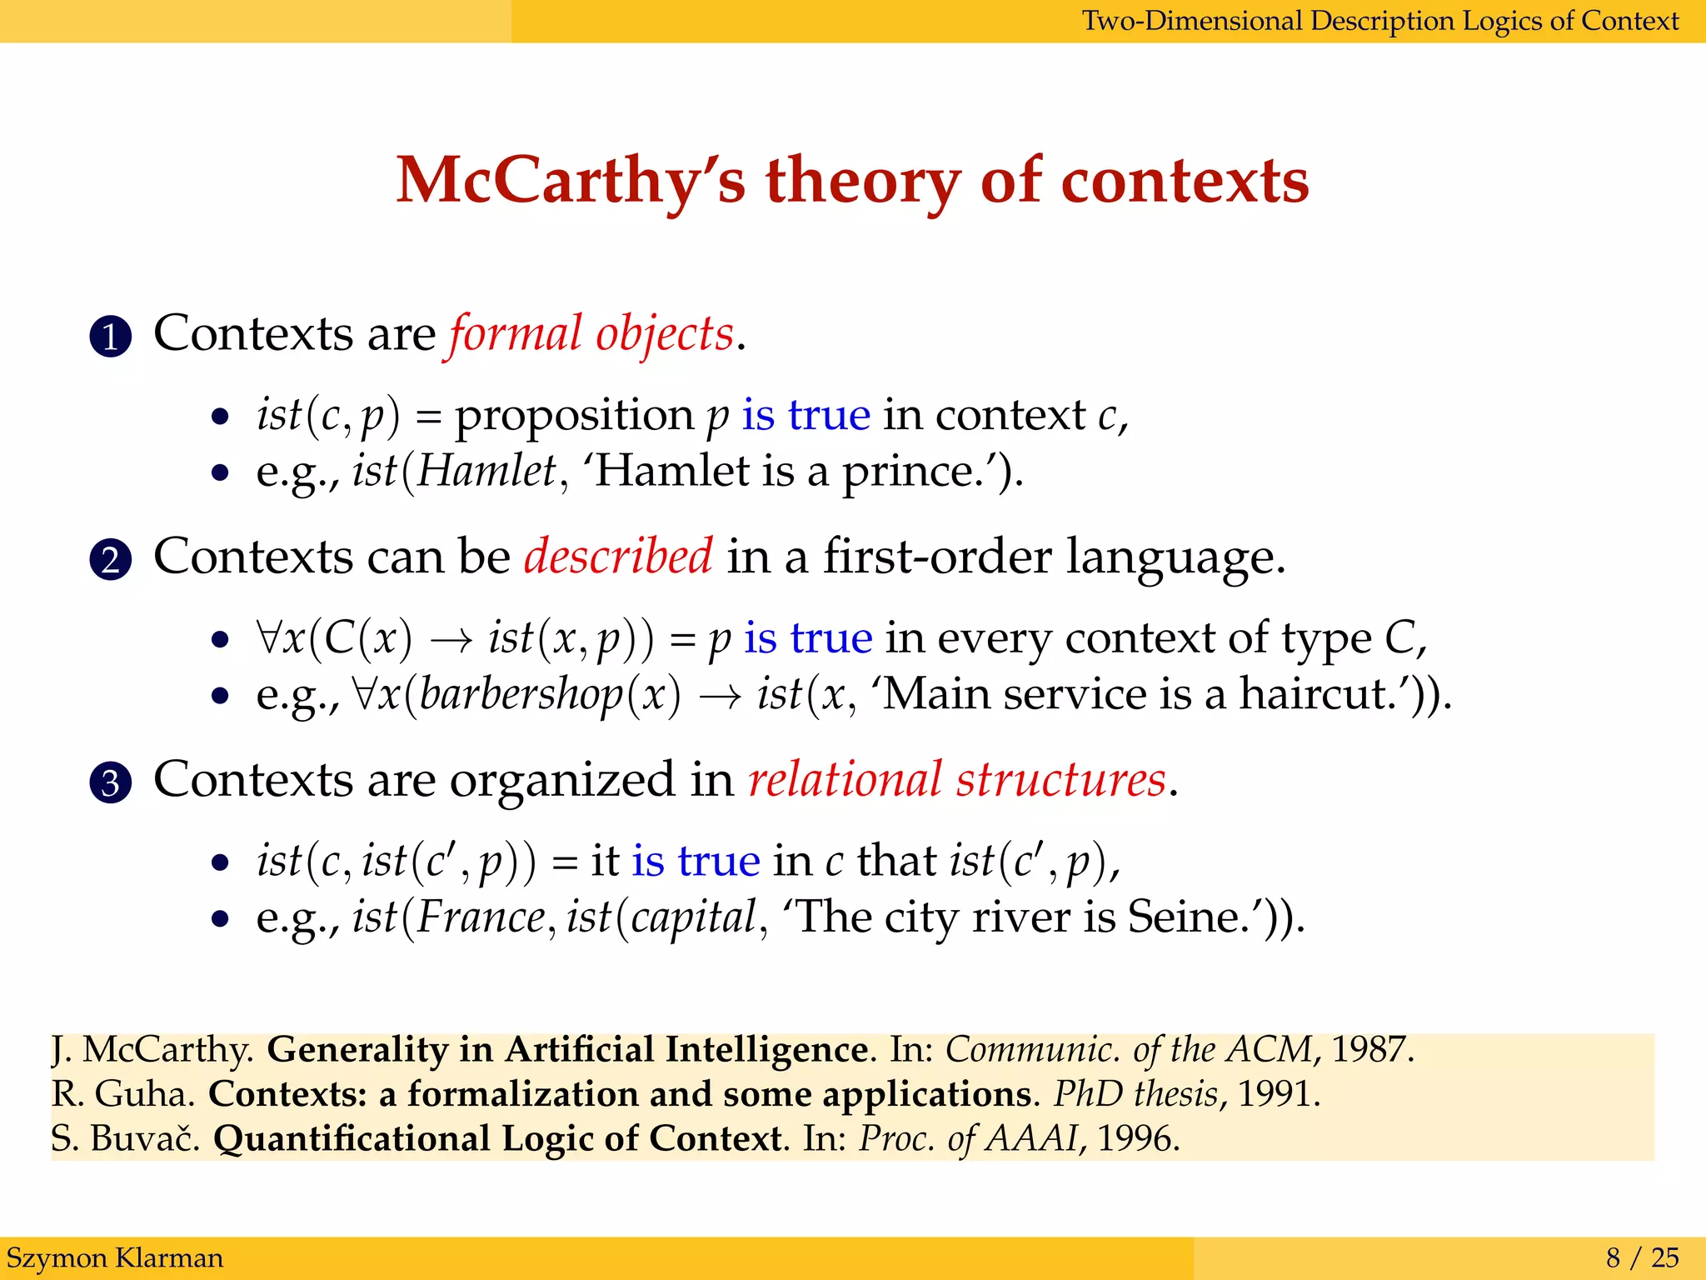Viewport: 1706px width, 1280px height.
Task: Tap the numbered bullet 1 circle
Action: point(110,337)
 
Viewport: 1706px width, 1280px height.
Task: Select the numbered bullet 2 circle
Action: point(110,559)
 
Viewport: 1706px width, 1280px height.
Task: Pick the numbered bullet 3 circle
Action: point(110,782)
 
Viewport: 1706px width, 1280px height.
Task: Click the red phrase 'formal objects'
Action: point(591,334)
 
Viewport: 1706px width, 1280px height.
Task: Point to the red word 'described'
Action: point(618,556)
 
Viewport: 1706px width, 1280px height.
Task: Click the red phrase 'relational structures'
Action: point(956,780)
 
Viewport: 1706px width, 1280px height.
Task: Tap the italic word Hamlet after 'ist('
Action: point(486,471)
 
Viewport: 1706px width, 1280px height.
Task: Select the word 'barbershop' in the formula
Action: point(521,694)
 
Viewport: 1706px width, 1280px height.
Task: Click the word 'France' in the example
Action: point(481,917)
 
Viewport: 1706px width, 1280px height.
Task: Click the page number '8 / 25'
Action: point(1642,1257)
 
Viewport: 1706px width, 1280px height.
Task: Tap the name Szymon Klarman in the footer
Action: point(115,1257)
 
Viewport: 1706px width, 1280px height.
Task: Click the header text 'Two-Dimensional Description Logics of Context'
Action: point(1379,20)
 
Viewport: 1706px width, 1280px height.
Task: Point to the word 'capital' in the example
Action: point(692,917)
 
